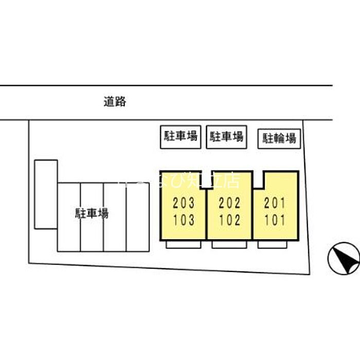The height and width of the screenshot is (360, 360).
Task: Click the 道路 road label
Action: (x=114, y=102)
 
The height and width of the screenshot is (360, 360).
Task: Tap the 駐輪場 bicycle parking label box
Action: (x=279, y=138)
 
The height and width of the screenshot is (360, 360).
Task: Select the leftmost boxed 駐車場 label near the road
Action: (x=181, y=137)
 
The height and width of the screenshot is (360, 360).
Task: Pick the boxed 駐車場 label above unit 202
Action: (x=226, y=137)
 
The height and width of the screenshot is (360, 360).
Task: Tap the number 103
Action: (x=184, y=220)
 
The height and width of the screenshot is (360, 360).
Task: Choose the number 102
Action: (x=229, y=220)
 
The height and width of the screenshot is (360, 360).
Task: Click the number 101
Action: (x=274, y=220)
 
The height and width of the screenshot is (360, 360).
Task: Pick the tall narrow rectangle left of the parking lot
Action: (x=46, y=194)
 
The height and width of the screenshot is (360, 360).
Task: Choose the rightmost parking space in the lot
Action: (x=137, y=217)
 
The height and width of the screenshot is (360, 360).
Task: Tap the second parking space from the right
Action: (x=115, y=217)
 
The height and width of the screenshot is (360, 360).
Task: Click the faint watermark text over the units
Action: (x=180, y=180)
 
